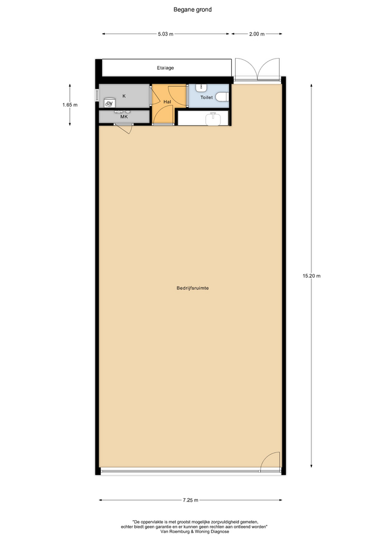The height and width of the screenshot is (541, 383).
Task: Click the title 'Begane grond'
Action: (192, 10)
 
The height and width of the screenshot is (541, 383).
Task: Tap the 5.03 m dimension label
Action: (165, 34)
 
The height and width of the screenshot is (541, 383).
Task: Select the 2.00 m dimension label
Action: (257, 34)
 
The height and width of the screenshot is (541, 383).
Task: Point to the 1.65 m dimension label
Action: (70, 105)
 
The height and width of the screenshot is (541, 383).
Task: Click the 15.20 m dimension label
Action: (311, 276)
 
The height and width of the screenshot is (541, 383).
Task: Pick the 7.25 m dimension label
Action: (191, 500)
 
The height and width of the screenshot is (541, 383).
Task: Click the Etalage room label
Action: (165, 68)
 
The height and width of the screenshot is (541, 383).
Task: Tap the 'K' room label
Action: (124, 96)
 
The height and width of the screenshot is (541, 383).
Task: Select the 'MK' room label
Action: (124, 117)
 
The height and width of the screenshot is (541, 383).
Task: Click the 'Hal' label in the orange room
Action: (167, 102)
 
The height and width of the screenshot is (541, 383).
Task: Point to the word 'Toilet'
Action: (206, 97)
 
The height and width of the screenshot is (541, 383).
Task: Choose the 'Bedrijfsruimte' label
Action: (192, 288)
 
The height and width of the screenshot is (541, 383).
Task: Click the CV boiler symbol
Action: (109, 103)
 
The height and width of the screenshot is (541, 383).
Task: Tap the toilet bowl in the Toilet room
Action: (222, 97)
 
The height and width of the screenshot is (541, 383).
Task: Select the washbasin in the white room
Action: (213, 118)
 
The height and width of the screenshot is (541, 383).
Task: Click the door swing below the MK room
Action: (126, 130)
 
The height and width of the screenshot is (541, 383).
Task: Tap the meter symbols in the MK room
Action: (122, 112)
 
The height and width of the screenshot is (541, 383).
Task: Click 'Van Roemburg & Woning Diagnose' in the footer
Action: (195, 531)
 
